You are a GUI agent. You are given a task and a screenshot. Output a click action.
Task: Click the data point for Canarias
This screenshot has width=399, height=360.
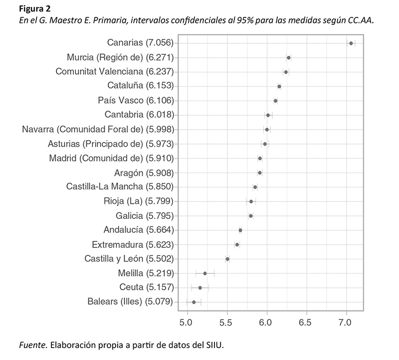[x=351, y=43]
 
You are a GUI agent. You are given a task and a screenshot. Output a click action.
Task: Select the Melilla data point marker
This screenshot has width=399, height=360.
[x=204, y=273]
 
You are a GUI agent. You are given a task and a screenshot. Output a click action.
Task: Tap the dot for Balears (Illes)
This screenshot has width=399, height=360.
[x=194, y=302]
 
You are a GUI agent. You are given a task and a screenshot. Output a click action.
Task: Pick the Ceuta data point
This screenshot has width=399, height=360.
[x=200, y=288]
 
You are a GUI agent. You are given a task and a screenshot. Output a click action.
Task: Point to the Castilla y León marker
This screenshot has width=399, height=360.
[x=227, y=259]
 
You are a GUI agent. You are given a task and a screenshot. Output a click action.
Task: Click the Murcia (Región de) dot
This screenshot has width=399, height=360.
[x=288, y=58]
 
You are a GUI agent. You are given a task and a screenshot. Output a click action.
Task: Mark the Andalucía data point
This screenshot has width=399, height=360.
[x=240, y=230]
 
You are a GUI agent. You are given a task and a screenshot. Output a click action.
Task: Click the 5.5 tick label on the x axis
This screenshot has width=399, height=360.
[x=227, y=322]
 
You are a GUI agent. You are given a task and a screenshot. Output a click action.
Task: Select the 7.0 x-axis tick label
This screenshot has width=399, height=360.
[x=347, y=322]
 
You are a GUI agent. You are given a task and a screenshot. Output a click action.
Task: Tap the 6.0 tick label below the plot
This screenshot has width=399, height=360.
[x=267, y=322]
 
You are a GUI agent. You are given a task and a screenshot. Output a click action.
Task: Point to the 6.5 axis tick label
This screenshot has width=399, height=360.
[x=307, y=322]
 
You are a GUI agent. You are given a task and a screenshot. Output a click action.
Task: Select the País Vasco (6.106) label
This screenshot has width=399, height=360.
[x=136, y=101]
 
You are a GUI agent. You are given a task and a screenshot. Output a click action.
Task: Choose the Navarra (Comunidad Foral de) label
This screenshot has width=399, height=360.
[x=98, y=130]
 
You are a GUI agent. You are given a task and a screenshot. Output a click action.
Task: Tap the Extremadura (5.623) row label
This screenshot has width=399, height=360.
[x=133, y=245]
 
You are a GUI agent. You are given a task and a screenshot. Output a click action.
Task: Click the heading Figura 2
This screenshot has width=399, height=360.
[x=32, y=8]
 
